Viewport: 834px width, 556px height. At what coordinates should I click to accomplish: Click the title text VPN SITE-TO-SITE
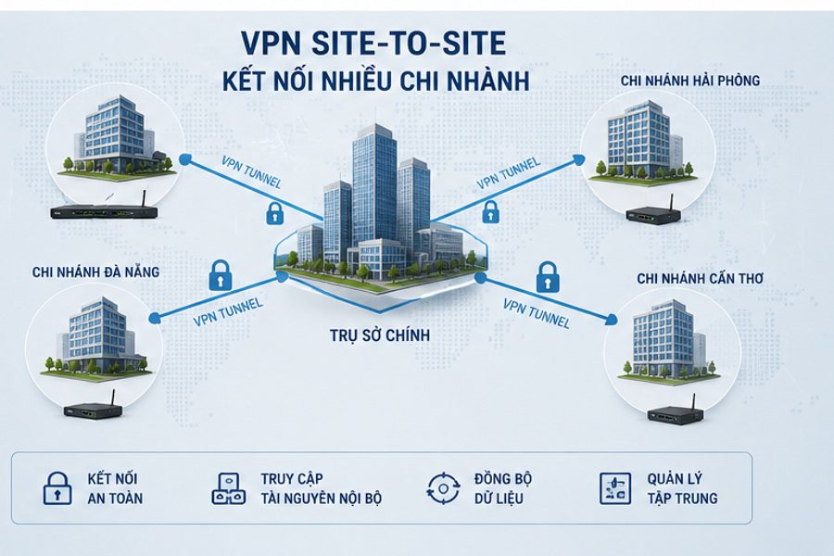pos(373,44)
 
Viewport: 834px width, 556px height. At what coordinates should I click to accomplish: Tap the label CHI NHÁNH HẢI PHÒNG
pos(690,81)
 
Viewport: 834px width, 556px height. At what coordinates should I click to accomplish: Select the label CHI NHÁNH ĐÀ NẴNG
pos(95,272)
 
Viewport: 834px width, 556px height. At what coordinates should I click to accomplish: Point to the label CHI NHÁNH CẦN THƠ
pos(701,278)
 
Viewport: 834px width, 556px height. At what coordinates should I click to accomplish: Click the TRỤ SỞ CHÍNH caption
pos(380,335)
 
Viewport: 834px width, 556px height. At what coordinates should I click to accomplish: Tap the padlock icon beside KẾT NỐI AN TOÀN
pos(57,488)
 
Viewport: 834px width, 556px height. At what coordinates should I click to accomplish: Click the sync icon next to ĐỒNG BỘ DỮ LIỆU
pos(443,488)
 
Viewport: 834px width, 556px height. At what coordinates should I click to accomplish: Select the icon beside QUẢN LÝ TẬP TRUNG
pos(615,488)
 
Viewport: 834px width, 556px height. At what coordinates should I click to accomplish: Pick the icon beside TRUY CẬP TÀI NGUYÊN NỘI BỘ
pos(229,488)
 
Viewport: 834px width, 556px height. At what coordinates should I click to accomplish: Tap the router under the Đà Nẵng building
pos(94,407)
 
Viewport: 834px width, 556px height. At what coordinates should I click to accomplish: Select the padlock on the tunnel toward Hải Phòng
pos(490,212)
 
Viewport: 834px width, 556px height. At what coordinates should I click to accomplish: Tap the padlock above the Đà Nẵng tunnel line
pos(221,275)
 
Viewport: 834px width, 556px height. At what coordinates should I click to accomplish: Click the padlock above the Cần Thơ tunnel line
pos(548,277)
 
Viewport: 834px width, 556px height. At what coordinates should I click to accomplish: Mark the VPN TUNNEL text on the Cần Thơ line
pos(537,313)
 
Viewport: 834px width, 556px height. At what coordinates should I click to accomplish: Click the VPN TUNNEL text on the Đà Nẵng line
pos(228,312)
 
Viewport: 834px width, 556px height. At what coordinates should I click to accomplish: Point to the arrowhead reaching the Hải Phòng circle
pos(578,158)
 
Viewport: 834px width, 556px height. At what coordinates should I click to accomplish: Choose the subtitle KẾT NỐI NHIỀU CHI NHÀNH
pos(376,82)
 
